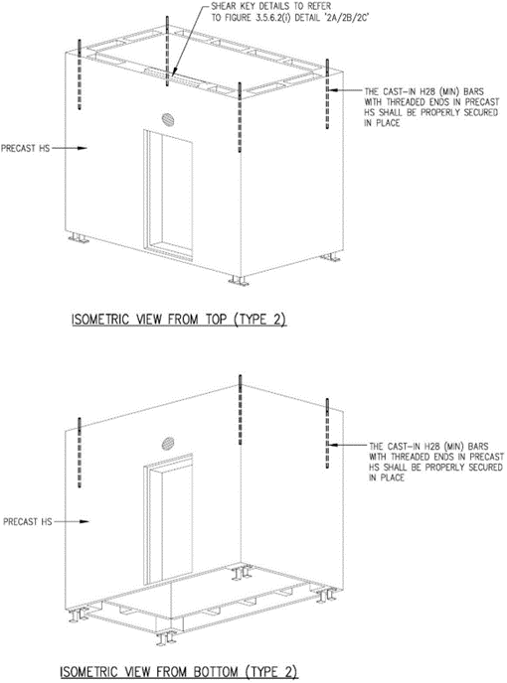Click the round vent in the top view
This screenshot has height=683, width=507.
tap(168, 119)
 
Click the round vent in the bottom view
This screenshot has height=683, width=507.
tap(168, 444)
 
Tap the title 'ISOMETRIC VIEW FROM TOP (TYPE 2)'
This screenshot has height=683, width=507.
tap(179, 320)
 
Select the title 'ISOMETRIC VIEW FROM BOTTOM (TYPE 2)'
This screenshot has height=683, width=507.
tap(179, 671)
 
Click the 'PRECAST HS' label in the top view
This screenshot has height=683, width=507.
tap(25, 148)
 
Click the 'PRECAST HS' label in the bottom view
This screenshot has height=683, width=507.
tap(28, 521)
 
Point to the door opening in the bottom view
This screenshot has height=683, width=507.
tap(168, 518)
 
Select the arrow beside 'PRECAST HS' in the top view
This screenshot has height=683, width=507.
tap(70, 148)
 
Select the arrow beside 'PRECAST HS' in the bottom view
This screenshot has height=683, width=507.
tap(72, 521)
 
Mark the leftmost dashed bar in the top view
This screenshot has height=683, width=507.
tap(80, 74)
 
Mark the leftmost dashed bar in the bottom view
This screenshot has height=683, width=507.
tap(80, 452)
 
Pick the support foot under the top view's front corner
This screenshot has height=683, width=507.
tap(239, 281)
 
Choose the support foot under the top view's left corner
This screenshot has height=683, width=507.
tap(79, 238)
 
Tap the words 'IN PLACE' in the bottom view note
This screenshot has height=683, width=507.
tap(387, 478)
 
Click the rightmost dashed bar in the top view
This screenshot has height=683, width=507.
tap(327, 93)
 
